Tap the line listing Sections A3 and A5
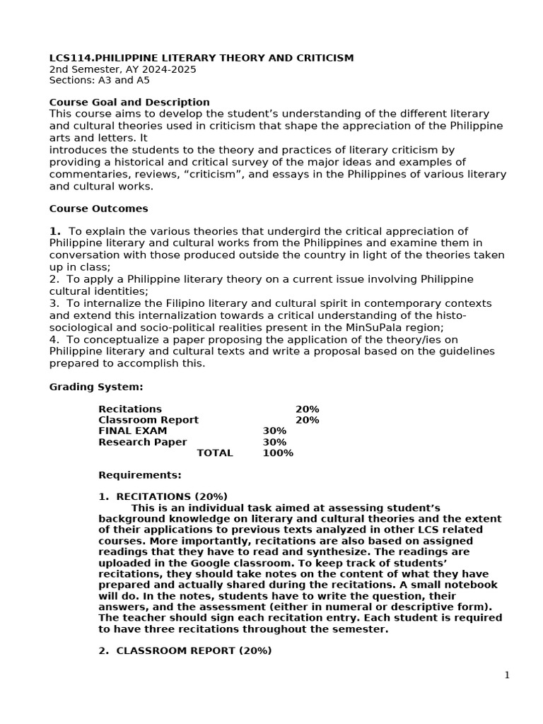click(x=99, y=81)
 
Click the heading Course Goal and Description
click(x=129, y=103)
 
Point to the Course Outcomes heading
click(x=98, y=209)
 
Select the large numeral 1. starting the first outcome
click(x=55, y=231)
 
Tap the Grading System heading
click(x=95, y=387)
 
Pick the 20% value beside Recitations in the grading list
click(x=307, y=409)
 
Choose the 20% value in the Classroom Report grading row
click(x=307, y=420)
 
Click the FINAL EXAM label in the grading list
click(x=133, y=431)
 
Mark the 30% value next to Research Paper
click(x=274, y=442)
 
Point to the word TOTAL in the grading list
click(x=214, y=452)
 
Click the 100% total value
click(x=277, y=452)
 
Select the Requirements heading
click(x=139, y=474)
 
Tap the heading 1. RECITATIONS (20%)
click(x=163, y=496)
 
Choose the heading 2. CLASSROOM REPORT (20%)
click(x=185, y=650)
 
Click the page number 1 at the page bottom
click(x=506, y=675)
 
